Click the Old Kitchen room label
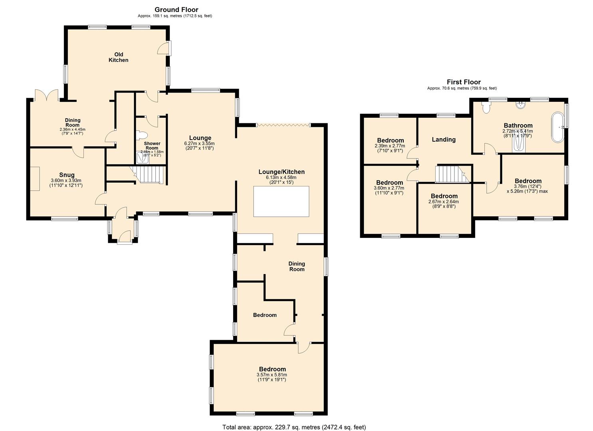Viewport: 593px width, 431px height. tap(119, 57)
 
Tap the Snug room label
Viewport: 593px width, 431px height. tap(67, 175)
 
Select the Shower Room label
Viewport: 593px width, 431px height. tap(152, 146)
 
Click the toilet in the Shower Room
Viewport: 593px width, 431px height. tap(142, 135)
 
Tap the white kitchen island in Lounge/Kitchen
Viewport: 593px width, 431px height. tap(281, 202)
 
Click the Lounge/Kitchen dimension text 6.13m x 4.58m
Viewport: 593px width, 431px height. tap(281, 177)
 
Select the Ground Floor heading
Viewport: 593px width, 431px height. tap(177, 10)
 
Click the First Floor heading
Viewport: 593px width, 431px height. tap(464, 82)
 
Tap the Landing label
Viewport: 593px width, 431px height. tap(444, 139)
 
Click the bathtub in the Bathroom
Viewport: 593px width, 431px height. tap(558, 128)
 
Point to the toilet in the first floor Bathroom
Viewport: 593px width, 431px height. tap(486, 108)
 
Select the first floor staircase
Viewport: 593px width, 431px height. tap(452, 174)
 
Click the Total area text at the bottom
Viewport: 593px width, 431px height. tap(294, 419)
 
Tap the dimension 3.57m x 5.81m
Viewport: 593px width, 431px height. tap(272, 375)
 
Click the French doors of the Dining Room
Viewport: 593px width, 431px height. tap(47, 95)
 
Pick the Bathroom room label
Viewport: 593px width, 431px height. tap(518, 125)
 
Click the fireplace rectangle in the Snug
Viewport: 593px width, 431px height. tap(35, 179)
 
